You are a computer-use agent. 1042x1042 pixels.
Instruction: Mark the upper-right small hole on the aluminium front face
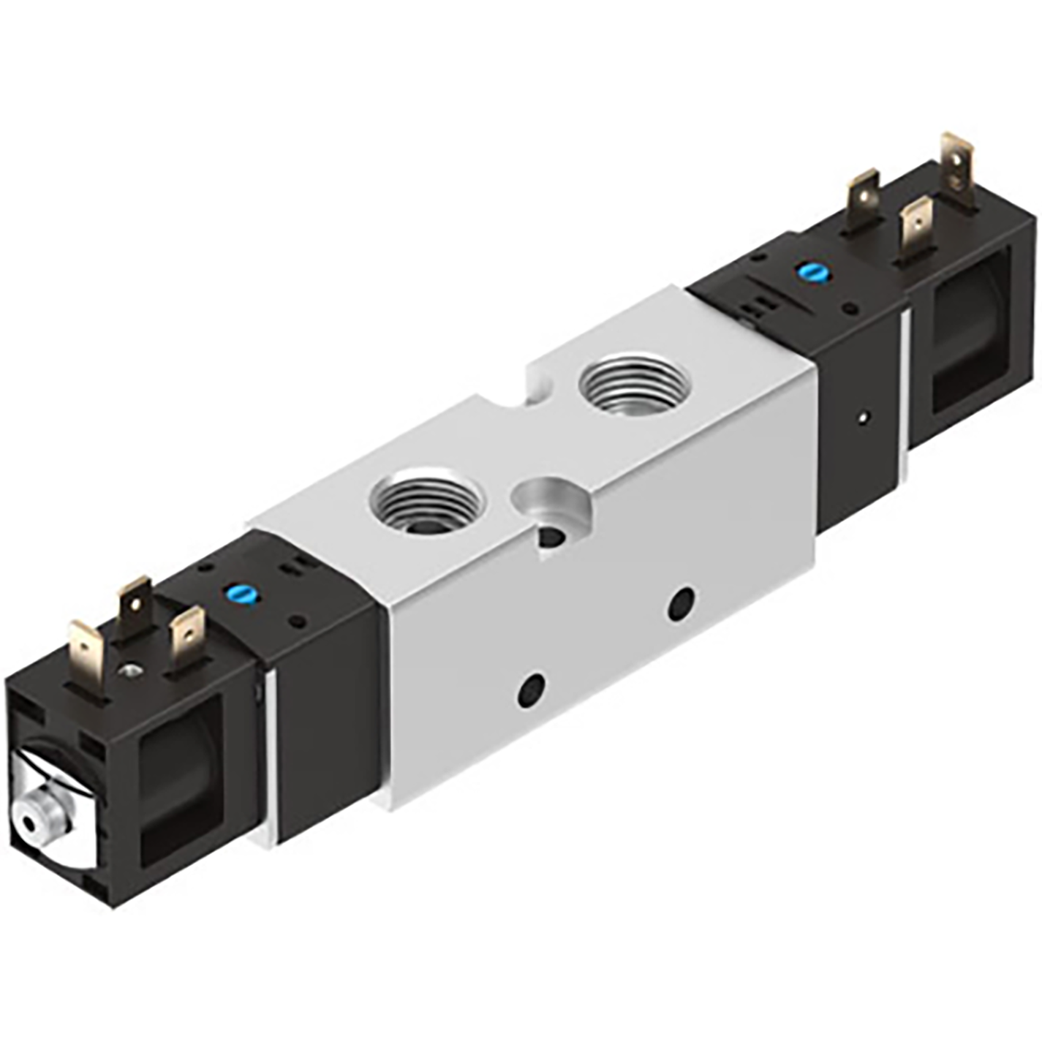tap(683, 603)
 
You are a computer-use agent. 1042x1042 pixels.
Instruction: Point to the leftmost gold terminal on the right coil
tap(864, 191)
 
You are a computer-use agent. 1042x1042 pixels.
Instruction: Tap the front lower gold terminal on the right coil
tap(916, 227)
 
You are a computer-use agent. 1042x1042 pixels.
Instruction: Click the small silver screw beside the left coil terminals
tap(131, 668)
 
